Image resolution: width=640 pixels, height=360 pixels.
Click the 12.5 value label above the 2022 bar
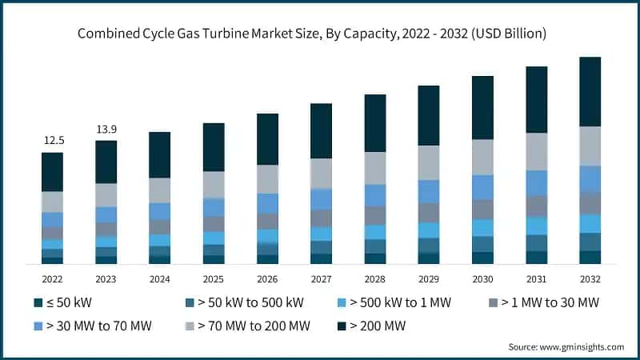[x=54, y=140]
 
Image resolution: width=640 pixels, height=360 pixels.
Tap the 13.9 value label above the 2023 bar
[x=106, y=129]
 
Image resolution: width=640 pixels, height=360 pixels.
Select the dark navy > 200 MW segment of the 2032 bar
[x=590, y=91]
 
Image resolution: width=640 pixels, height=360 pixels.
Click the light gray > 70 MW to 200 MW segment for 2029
[x=429, y=162]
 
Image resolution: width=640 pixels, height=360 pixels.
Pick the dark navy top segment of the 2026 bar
[x=267, y=139]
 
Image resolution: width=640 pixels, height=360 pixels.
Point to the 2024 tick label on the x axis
[x=160, y=278]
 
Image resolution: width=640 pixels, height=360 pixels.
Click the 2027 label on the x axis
[x=321, y=278]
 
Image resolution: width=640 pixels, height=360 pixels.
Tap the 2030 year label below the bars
[x=482, y=278]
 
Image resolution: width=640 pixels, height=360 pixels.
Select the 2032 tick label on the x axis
[x=590, y=278]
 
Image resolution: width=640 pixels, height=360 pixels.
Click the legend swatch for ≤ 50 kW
[x=38, y=303]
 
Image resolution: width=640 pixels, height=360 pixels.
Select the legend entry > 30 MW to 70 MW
[x=94, y=326]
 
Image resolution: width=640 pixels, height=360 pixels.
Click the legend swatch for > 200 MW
[x=342, y=326]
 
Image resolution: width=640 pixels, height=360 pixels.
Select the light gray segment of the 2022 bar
[x=52, y=202]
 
